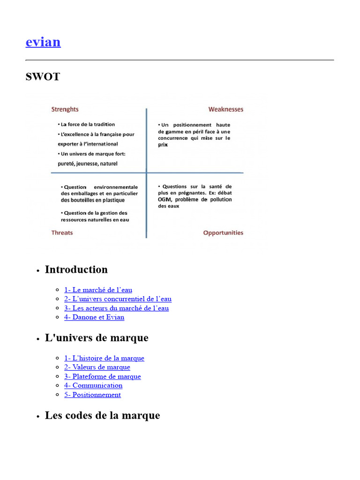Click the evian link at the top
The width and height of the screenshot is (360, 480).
coord(43,42)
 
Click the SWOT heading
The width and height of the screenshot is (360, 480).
coord(43,77)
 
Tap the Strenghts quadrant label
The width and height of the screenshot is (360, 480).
coord(65,109)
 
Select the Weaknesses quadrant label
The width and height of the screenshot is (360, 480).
coord(226,109)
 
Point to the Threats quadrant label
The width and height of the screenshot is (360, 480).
coord(62,232)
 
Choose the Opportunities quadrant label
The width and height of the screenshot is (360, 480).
coord(223,232)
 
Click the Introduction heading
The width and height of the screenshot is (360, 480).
coord(76,270)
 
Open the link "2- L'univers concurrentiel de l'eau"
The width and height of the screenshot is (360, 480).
coord(118,299)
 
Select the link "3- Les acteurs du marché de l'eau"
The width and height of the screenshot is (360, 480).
coord(116,308)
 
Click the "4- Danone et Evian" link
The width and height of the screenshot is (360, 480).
coord(94,317)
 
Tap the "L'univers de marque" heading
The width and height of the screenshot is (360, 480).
coord(97,337)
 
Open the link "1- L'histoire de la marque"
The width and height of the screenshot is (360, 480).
coord(104,358)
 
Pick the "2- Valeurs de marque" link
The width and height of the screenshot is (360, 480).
coord(97,367)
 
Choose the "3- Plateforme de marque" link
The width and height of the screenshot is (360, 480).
coord(102,376)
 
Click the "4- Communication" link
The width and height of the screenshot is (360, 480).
coord(93,385)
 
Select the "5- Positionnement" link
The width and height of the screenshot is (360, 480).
coord(92,395)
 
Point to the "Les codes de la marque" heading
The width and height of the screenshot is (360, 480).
coord(102,415)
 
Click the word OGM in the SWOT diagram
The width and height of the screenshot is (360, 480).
coord(165,199)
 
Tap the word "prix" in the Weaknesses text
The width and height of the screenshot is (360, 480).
coord(163,145)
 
